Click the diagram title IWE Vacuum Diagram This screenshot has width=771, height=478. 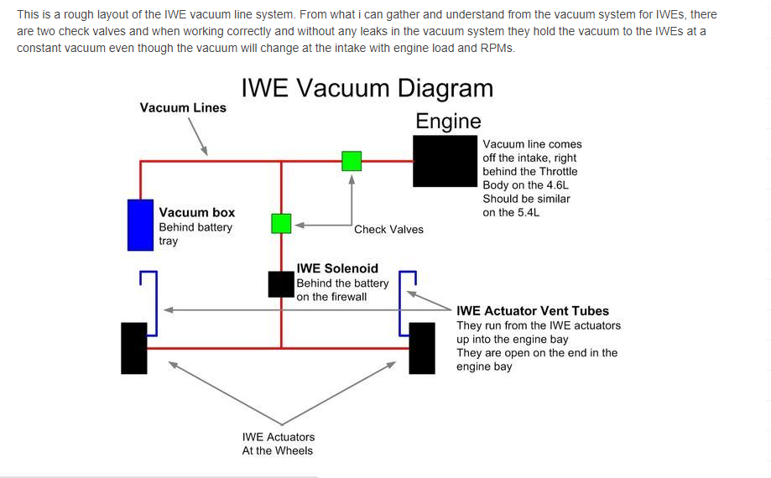click(x=367, y=89)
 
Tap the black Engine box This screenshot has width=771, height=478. click(x=445, y=162)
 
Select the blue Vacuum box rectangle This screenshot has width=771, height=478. click(x=139, y=225)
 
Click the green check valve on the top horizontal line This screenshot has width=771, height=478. click(x=352, y=161)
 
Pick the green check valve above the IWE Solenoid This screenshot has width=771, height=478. click(x=281, y=224)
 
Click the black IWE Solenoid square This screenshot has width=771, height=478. click(x=281, y=284)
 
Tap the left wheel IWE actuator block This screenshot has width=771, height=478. click(x=134, y=348)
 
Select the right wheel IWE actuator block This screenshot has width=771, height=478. click(x=422, y=348)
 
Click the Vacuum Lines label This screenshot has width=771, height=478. click(x=183, y=108)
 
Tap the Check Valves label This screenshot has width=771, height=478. click(x=388, y=230)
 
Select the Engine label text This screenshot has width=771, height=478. click(x=448, y=122)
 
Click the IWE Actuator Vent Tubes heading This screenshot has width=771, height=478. click(x=533, y=311)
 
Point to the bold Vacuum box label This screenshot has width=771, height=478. click(x=197, y=213)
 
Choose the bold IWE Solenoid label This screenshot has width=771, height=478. click(x=337, y=269)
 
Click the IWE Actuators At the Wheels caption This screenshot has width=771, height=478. click(x=278, y=444)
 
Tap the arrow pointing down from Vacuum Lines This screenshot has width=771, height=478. click(x=198, y=136)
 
